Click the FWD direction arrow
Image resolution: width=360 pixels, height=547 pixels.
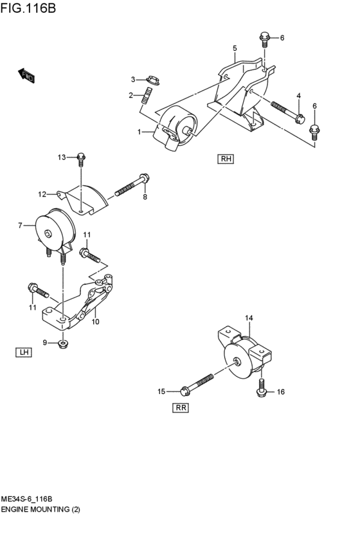26,75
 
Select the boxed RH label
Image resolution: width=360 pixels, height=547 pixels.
226,159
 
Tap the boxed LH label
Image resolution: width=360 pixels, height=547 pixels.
24,352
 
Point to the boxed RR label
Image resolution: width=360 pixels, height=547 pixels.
181,407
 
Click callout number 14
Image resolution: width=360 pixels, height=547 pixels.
249,318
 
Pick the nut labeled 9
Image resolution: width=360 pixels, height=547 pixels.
62,344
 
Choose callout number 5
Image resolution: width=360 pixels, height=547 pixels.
235,48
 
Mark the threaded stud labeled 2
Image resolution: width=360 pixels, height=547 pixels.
148,97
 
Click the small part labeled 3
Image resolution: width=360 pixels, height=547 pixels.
154,80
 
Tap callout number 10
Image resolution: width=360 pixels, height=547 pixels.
96,322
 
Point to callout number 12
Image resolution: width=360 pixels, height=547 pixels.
41,193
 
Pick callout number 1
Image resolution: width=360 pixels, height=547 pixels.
138,132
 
